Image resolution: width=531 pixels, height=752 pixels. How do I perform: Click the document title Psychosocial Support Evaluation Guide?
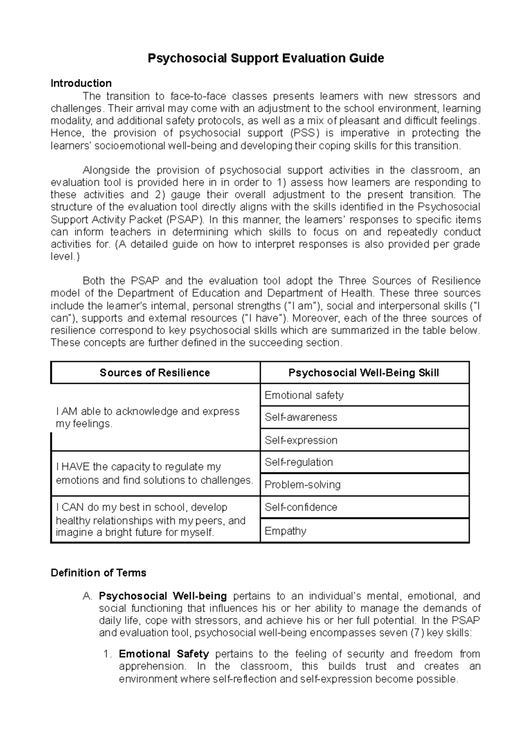265,58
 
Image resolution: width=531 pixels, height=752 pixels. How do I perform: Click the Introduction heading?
81,83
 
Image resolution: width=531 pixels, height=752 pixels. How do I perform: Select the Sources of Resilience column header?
155,372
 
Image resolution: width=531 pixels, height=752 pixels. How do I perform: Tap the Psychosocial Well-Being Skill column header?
364,372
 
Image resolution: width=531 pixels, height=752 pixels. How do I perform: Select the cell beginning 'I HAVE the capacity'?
154,473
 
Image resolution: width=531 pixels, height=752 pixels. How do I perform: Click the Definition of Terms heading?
98,573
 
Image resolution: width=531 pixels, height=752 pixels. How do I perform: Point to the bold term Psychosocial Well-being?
163,596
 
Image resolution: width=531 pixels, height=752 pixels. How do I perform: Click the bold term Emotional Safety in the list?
164,654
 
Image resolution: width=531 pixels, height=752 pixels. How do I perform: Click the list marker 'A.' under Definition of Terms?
87,596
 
